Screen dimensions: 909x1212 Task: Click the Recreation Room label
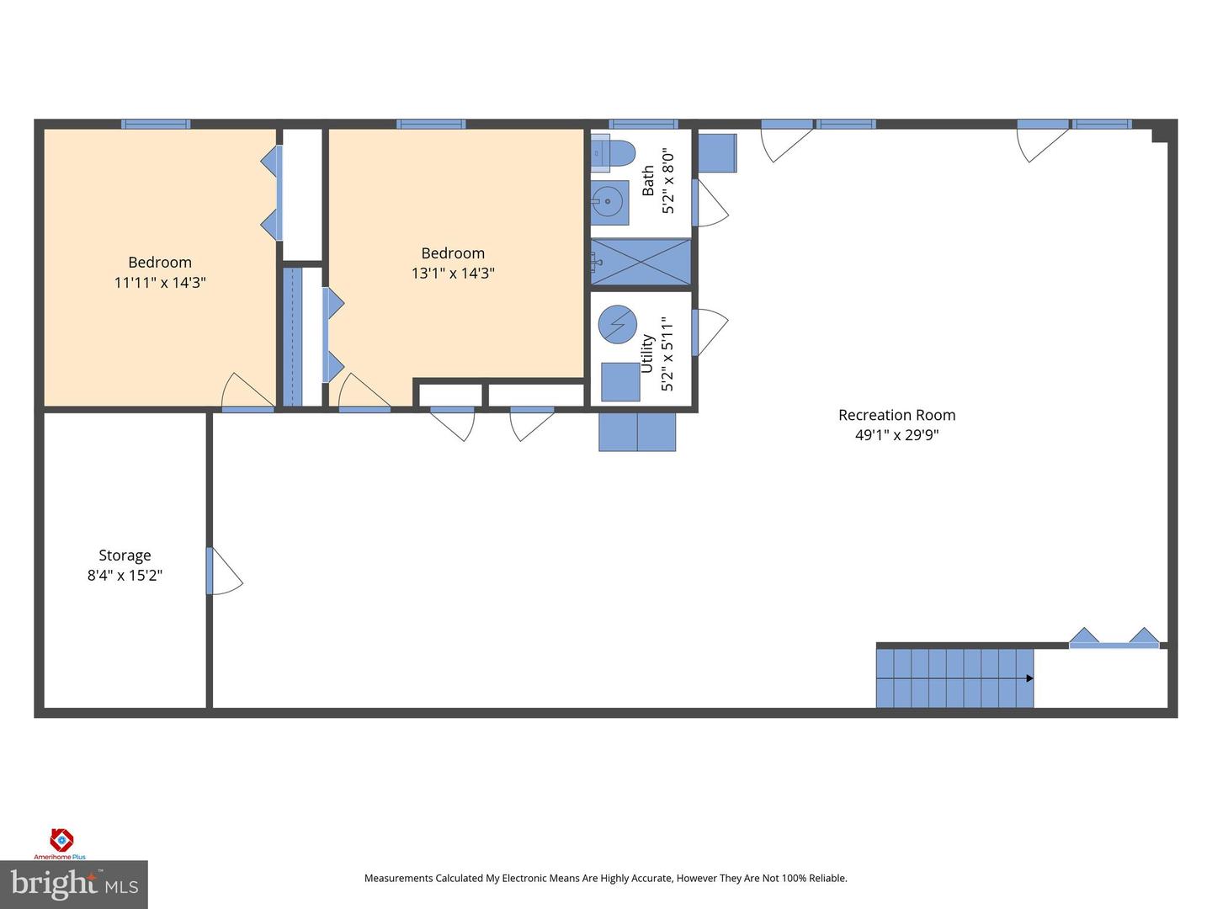(896, 415)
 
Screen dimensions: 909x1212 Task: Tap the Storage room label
(125, 555)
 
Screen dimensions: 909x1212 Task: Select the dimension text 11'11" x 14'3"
(160, 283)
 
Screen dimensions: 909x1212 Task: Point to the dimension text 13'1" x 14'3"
(453, 274)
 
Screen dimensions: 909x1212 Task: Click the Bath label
(648, 181)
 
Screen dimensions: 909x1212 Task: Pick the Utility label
(647, 353)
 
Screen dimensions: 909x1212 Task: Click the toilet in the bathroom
(613, 153)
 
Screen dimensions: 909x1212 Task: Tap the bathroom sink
(608, 202)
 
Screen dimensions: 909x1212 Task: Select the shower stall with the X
(641, 263)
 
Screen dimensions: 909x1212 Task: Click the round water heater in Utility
(617, 324)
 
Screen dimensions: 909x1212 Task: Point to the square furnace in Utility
(620, 381)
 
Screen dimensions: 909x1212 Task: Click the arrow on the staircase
(1029, 678)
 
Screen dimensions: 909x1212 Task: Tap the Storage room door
(223, 572)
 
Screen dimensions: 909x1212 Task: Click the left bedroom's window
(156, 125)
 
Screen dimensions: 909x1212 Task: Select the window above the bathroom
(643, 125)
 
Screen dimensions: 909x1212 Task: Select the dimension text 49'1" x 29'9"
(896, 435)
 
